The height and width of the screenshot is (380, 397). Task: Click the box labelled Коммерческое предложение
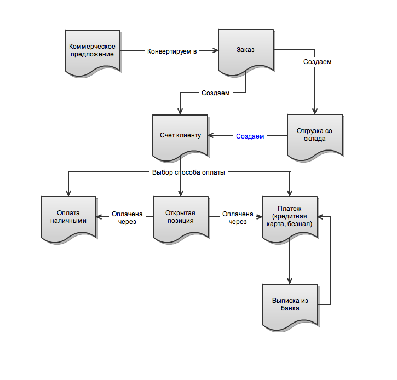pyautogui.click(x=93, y=52)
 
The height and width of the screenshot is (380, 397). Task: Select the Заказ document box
pyautogui.click(x=246, y=51)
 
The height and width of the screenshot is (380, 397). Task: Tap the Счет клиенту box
pyautogui.click(x=180, y=137)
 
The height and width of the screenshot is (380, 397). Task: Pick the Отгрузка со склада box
pyautogui.click(x=315, y=137)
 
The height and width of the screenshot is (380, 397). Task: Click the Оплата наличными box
pyautogui.click(x=68, y=218)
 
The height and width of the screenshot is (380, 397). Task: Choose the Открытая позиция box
pyautogui.click(x=181, y=218)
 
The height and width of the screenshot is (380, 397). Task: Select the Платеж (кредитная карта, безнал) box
pyautogui.click(x=290, y=218)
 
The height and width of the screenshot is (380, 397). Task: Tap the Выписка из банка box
pyautogui.click(x=290, y=307)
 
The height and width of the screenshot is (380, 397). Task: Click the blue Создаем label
pyautogui.click(x=250, y=136)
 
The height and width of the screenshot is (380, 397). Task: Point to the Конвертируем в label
pyautogui.click(x=172, y=51)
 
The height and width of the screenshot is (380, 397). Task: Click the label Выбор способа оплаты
pyautogui.click(x=188, y=172)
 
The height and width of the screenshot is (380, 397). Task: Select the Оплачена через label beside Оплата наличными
pyautogui.click(x=127, y=218)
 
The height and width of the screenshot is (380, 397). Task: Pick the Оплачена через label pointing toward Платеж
pyautogui.click(x=238, y=218)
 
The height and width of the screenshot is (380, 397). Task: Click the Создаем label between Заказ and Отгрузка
pyautogui.click(x=317, y=62)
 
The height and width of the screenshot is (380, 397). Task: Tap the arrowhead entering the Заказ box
pyautogui.click(x=216, y=50)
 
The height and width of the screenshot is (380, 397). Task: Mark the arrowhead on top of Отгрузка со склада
pyautogui.click(x=315, y=111)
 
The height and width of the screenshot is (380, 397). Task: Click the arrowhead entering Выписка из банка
pyautogui.click(x=290, y=281)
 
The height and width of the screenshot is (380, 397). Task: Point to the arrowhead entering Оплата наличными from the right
pyautogui.click(x=99, y=217)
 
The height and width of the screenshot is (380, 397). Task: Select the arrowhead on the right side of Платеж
pyautogui.click(x=320, y=217)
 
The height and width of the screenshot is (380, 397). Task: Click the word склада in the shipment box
pyautogui.click(x=315, y=139)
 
